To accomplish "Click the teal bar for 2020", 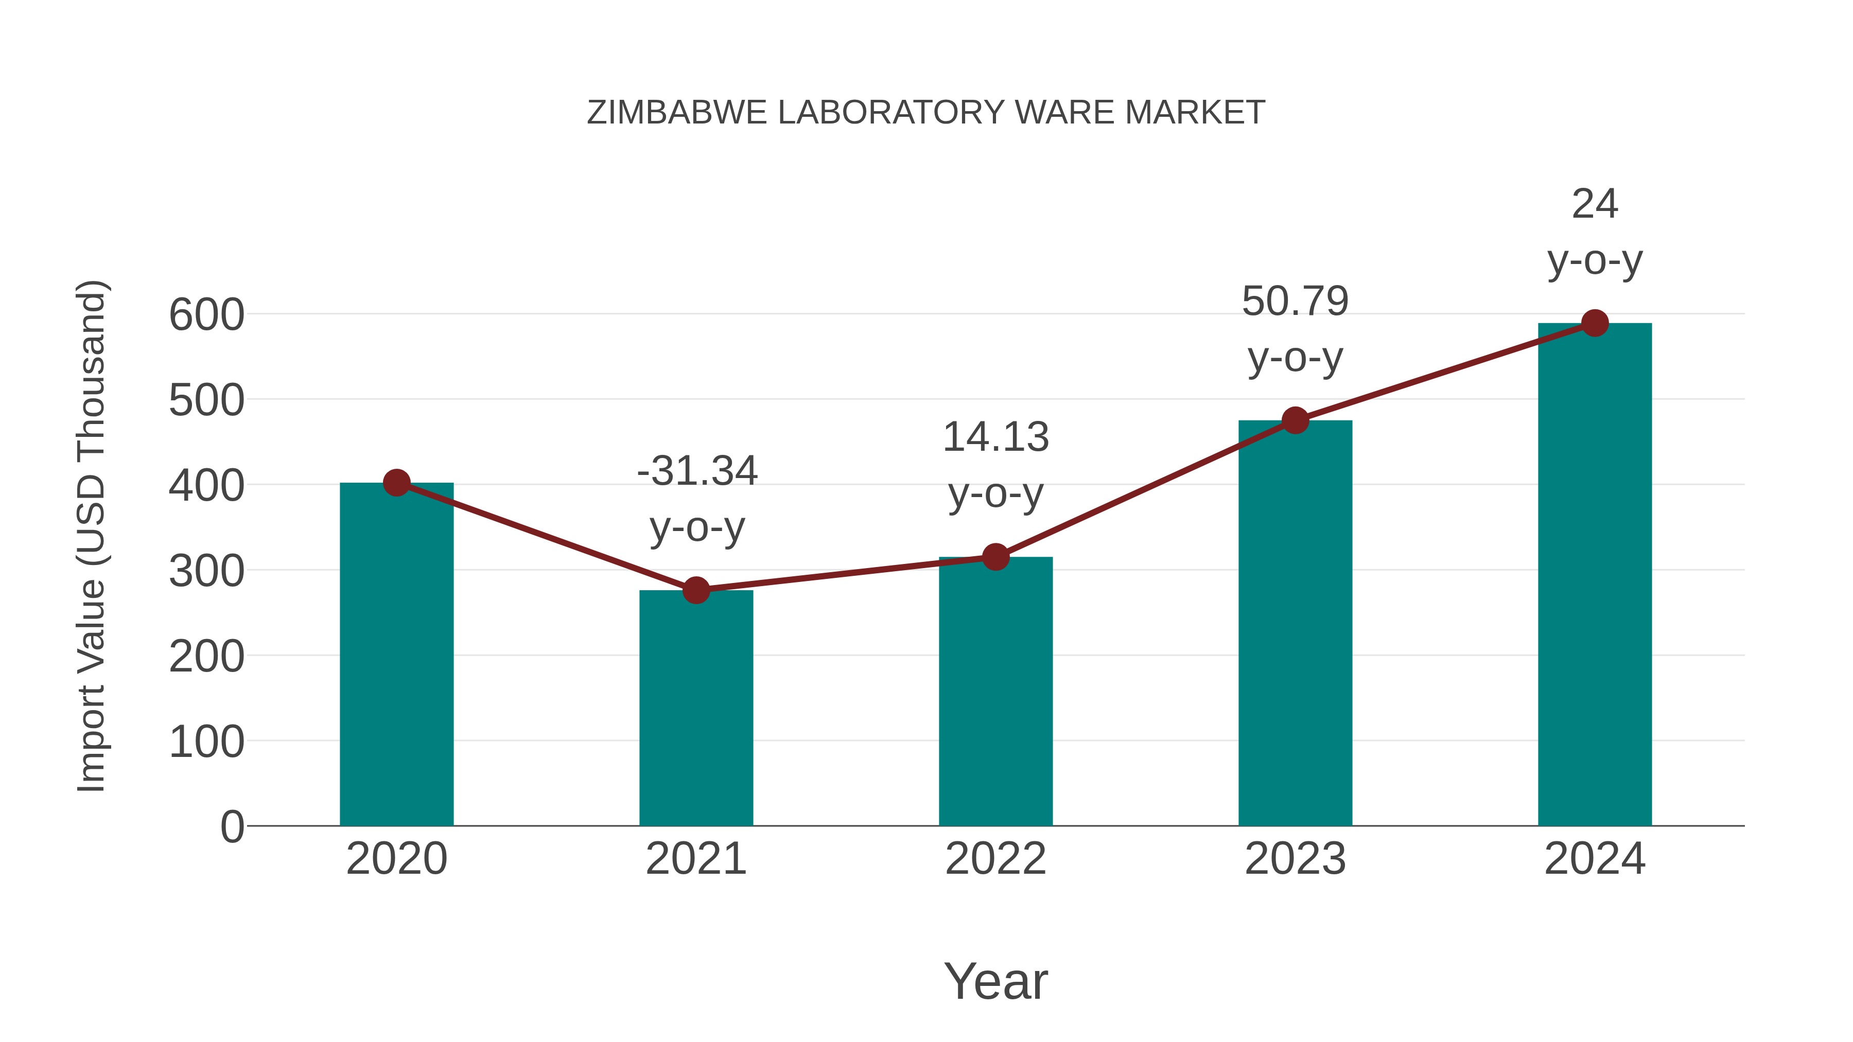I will click(x=396, y=655).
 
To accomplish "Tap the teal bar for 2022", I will click(x=995, y=691).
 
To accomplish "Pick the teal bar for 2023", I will click(x=1295, y=623).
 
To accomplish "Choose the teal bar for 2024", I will click(x=1595, y=575).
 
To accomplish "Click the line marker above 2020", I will click(x=396, y=483).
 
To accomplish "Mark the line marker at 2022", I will click(x=995, y=557).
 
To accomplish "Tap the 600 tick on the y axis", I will click(x=206, y=315).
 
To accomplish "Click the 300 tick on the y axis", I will click(x=206, y=572).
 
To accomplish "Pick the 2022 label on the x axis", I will click(x=995, y=859).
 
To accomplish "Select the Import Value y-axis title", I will click(x=92, y=536).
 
